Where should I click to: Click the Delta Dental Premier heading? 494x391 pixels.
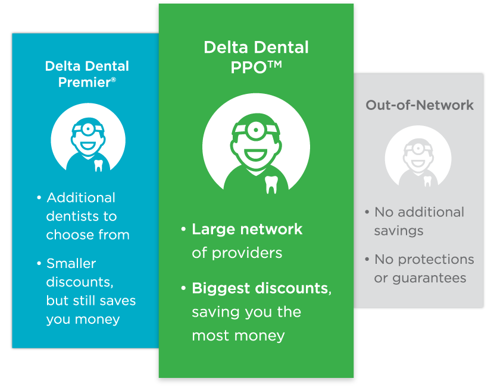coord(87,74)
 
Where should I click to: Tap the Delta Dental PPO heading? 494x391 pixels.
coord(256,57)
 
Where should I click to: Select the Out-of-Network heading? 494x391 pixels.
coord(419,105)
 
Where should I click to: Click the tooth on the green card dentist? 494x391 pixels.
coord(271,184)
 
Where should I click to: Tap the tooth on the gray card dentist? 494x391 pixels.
coord(427,179)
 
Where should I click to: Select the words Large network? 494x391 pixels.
coord(247,229)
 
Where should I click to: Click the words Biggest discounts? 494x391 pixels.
coord(260,289)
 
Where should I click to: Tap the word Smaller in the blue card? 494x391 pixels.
coord(71,263)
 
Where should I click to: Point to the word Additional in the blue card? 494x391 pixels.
coord(81,198)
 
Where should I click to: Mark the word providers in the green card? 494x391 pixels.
coord(252,253)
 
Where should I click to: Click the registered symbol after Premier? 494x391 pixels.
coord(114,79)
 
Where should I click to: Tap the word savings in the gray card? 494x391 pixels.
coord(398,231)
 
